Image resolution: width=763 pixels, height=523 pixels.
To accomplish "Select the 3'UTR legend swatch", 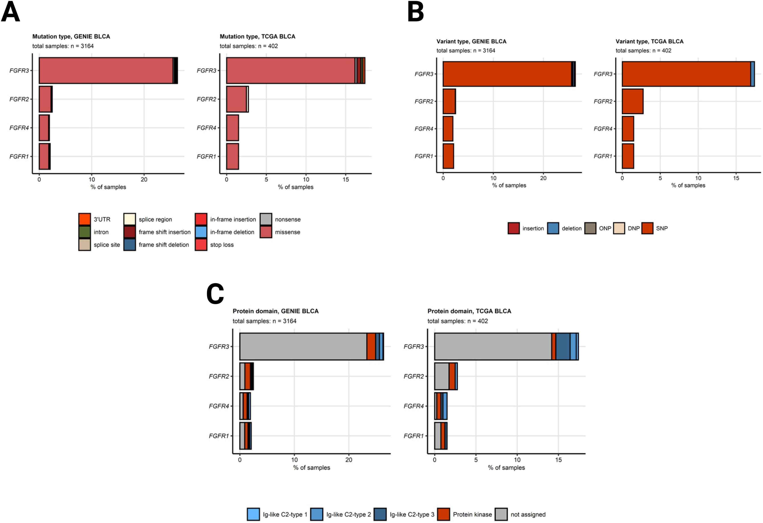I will coord(84,219).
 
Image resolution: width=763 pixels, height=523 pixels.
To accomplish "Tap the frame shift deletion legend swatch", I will coord(130,245).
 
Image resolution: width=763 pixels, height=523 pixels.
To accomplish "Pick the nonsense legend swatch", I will coord(266,219).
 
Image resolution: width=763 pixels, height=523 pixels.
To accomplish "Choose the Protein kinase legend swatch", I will coord(443,514).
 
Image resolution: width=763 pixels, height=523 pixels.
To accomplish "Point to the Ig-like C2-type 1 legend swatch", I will coord(253,514).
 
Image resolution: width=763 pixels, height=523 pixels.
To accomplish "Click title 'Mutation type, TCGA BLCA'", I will coord(257,37).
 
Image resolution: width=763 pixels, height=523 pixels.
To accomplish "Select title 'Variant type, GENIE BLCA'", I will coord(471,41).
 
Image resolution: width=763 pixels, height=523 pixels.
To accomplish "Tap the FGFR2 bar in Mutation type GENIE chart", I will coord(45,99).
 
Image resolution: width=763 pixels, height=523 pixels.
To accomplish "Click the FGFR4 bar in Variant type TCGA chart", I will coord(628,129).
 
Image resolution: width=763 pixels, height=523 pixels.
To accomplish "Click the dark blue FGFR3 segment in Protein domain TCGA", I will coord(563,346).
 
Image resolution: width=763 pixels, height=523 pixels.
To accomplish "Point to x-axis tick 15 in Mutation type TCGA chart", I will coord(346,179).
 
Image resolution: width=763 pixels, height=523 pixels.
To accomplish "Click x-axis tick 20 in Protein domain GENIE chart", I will coord(349,460).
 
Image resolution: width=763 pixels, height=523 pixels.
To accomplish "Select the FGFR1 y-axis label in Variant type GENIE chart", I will coord(423,156).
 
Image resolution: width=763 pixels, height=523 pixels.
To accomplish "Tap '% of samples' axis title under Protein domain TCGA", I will coord(506,468).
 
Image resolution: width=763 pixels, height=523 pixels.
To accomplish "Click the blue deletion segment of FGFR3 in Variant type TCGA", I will coord(753,74).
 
